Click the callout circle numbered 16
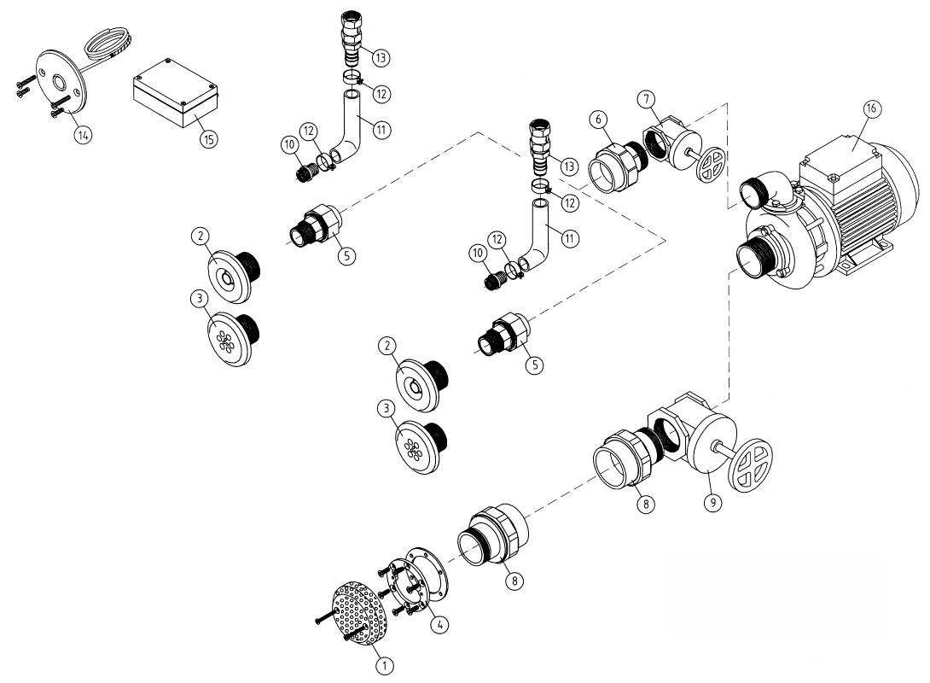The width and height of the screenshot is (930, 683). pyautogui.click(x=870, y=108)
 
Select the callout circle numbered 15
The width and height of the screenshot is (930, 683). pyautogui.click(x=208, y=139)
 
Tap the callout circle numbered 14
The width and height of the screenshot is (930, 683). pyautogui.click(x=84, y=135)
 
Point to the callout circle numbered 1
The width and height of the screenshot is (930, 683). pyautogui.click(x=385, y=666)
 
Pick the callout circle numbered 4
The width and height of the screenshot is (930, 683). pyautogui.click(x=439, y=624)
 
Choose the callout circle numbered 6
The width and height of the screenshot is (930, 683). pyautogui.click(x=599, y=120)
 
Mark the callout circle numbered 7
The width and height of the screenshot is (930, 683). pyautogui.click(x=646, y=98)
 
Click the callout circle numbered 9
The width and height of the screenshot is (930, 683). pyautogui.click(x=712, y=503)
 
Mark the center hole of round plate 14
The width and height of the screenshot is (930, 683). pyautogui.click(x=60, y=81)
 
